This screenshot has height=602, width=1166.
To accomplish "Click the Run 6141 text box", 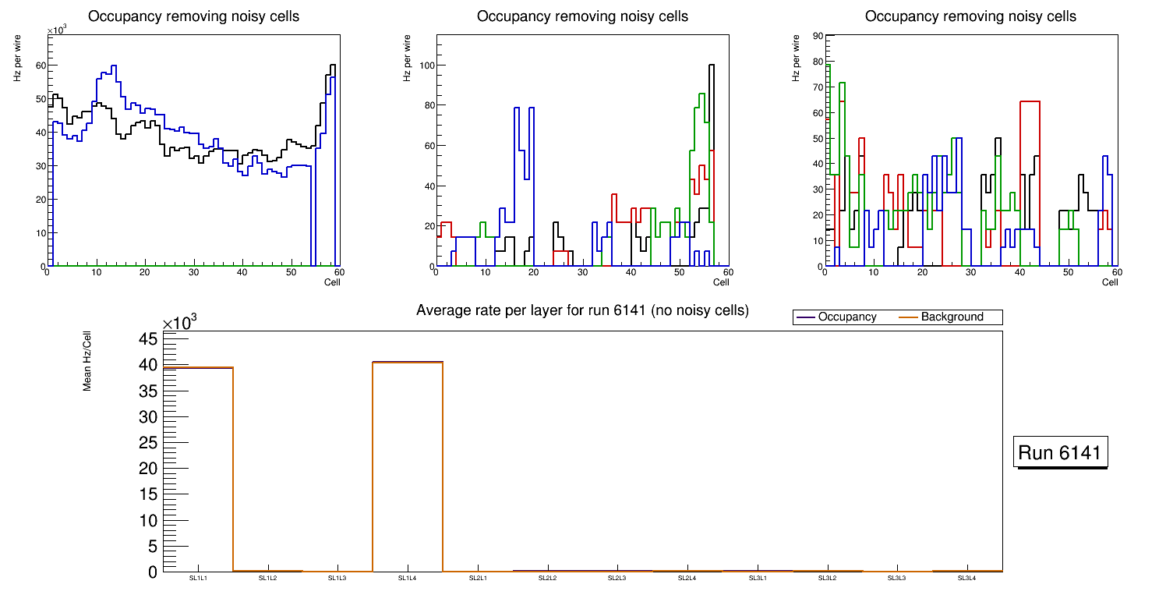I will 1060,453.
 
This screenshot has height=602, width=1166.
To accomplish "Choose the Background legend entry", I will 952,317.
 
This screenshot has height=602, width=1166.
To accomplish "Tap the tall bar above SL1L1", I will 198,468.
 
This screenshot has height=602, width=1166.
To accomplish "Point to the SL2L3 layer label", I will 617,578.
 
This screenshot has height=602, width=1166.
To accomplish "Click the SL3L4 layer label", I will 966,578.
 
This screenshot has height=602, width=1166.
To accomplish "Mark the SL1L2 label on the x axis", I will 268,578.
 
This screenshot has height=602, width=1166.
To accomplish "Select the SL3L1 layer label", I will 757,578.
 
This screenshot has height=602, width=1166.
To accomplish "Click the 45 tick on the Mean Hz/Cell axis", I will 148,339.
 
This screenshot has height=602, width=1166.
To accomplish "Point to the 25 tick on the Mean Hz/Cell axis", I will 148,443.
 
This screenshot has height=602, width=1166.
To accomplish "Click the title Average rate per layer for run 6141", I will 582,310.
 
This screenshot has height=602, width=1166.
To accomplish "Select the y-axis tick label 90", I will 817,36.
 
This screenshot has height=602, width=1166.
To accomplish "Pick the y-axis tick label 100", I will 426,66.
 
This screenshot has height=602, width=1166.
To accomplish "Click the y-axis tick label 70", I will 817,87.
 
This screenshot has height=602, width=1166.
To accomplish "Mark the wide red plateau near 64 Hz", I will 1030,101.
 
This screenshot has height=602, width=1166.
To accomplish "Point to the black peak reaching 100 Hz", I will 711,66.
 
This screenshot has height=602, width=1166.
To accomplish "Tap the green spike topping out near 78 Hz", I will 829,66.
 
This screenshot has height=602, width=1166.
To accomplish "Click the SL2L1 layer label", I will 478,578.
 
